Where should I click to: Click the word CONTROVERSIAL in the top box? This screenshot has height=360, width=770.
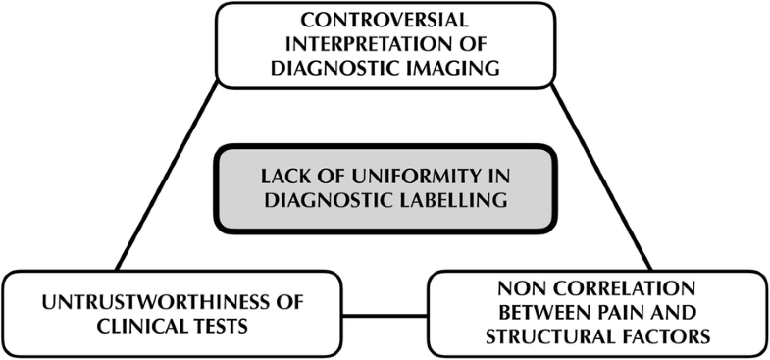click(385, 22)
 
